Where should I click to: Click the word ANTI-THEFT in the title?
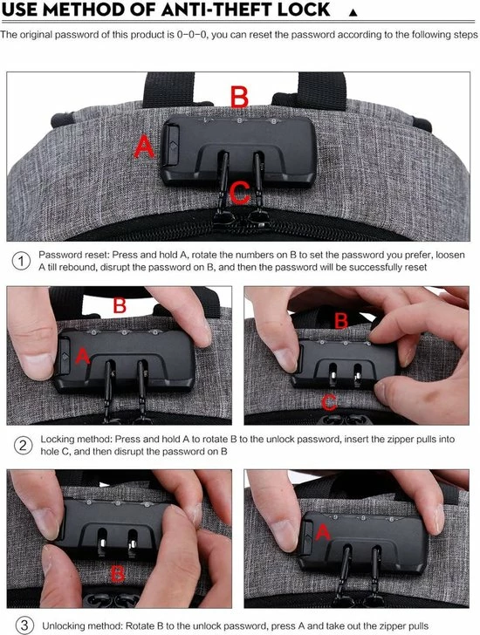click(210, 10)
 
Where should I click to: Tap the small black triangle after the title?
click(353, 12)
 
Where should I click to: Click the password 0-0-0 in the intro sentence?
click(192, 35)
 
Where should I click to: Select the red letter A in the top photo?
click(144, 147)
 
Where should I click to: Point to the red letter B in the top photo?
click(239, 97)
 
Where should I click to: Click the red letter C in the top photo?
click(240, 193)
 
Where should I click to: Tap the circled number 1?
click(21, 261)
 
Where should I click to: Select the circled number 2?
click(23, 446)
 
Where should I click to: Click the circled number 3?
click(24, 625)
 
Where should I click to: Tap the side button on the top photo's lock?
click(171, 145)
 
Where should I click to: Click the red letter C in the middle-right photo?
click(329, 402)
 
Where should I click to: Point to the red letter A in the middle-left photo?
click(83, 356)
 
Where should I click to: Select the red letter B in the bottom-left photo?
click(118, 573)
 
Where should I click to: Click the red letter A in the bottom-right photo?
click(323, 532)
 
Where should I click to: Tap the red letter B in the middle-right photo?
click(341, 321)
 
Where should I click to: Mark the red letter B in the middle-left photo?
click(120, 305)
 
